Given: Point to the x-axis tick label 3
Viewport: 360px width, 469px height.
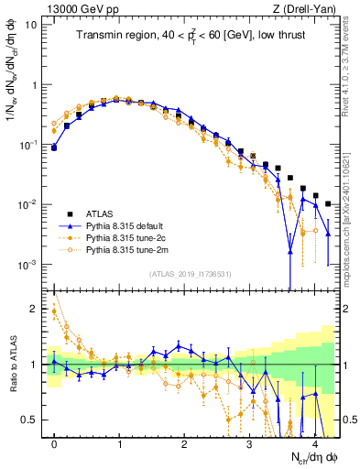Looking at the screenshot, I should coord(249,443).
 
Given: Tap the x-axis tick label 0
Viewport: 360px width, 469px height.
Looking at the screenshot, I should coord(54,443).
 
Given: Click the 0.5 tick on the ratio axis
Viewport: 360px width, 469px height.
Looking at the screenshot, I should coord(29,420).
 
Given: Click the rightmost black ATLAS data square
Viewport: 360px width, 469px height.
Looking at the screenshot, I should coord(328,204).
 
